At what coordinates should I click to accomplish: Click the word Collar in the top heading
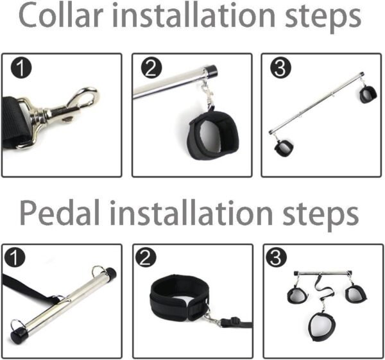coord(61,15)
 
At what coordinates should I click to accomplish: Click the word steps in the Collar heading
coord(323,18)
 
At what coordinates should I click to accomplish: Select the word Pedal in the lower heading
coord(60,212)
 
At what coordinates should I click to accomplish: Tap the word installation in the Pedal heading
coord(191,212)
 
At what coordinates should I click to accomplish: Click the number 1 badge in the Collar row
coord(21,68)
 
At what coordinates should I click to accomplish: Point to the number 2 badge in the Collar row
coord(151,68)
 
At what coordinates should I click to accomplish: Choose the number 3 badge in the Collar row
coord(280,68)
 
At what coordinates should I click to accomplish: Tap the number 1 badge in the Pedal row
coord(15,257)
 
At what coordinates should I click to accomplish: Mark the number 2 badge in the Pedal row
coord(146,257)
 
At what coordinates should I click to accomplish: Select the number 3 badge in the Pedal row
coord(276,257)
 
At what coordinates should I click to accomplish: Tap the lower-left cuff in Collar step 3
coord(284,148)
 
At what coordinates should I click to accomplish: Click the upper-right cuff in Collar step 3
coord(368,94)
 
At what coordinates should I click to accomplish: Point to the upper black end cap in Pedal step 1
coord(110,273)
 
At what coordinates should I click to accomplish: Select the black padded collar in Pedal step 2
coord(179,298)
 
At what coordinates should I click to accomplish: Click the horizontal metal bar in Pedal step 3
coord(323,273)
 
